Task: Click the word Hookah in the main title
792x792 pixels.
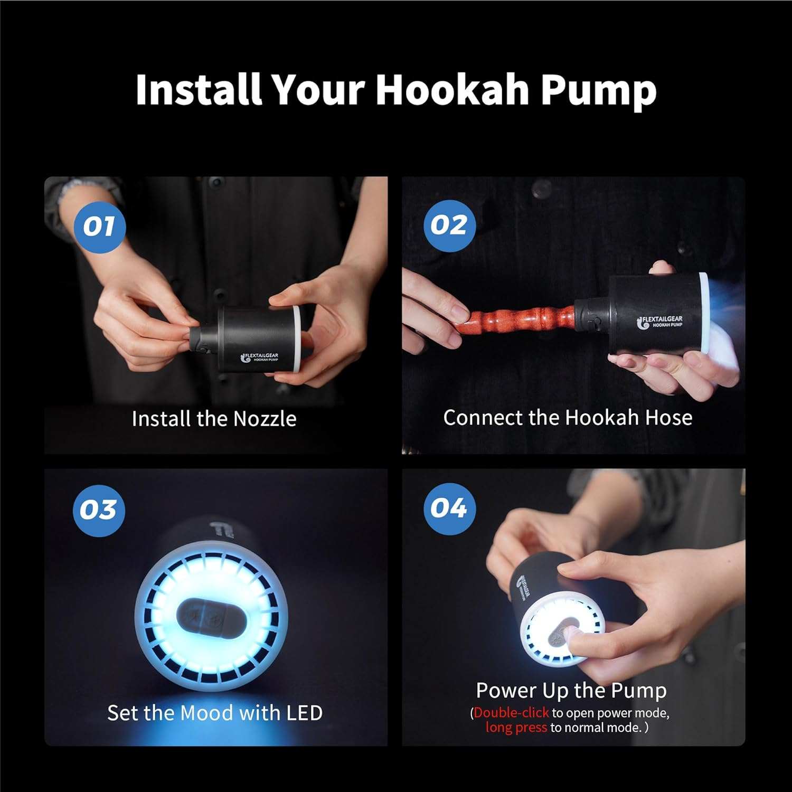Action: click(451, 90)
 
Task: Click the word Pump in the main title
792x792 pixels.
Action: click(598, 91)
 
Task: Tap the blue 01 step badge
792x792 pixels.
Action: click(99, 227)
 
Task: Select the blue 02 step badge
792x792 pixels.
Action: click(449, 225)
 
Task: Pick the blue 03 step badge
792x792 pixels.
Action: click(99, 510)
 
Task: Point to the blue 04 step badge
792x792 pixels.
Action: click(449, 508)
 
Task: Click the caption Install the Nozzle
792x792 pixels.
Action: click(214, 419)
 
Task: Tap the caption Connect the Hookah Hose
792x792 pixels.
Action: click(568, 418)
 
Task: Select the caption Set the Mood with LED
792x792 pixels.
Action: click(215, 713)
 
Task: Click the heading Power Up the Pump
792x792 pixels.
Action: click(571, 690)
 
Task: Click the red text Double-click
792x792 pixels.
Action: click(511, 713)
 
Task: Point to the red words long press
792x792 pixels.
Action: click(516, 728)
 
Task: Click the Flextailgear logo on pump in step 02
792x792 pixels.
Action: click(660, 322)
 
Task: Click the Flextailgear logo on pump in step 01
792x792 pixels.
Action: click(260, 357)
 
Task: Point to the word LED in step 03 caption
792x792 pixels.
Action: click(304, 713)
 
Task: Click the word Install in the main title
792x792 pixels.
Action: click(199, 90)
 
